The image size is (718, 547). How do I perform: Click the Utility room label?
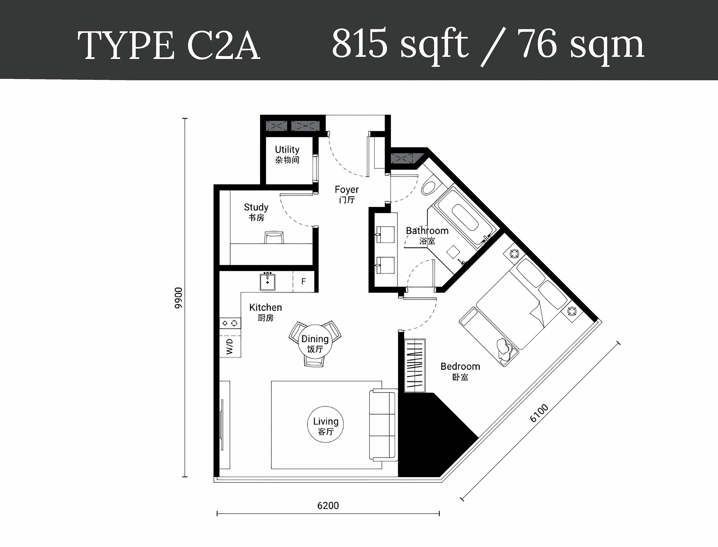pos(287,154)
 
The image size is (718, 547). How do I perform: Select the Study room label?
pos(256,212)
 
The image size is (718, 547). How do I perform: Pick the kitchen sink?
pos(268,281)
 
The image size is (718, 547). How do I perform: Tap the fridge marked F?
pos(303,281)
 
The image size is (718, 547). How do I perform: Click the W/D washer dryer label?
pos(230,346)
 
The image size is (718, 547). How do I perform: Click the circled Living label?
pos(325,424)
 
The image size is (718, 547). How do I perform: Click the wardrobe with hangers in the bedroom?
pos(415,365)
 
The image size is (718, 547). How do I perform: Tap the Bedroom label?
pos(460,371)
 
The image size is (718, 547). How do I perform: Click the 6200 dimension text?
pos(328,506)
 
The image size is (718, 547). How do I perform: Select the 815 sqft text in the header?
pos(400,44)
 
